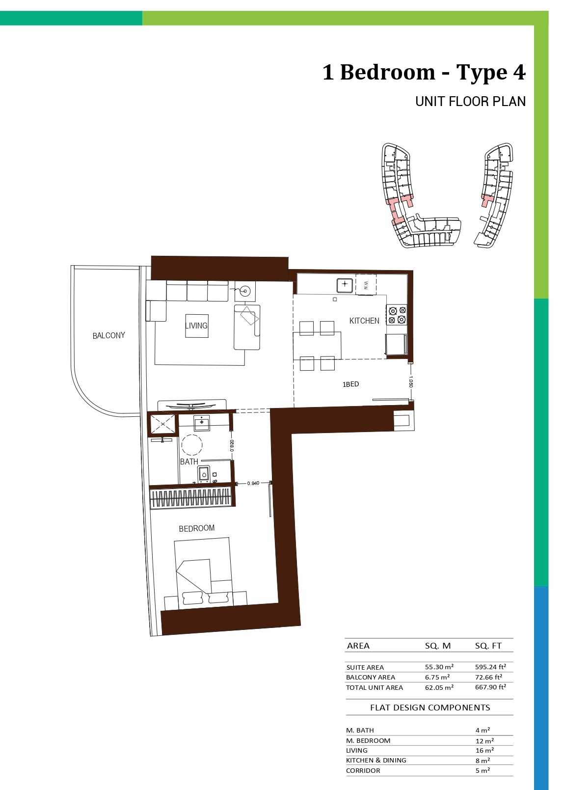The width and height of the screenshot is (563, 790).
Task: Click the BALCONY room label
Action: [108, 335]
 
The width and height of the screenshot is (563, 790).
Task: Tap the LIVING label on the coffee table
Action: [196, 326]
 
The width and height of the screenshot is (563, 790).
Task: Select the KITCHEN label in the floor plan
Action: [364, 321]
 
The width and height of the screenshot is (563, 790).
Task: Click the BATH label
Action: [189, 462]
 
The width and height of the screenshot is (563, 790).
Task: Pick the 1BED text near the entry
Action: [350, 384]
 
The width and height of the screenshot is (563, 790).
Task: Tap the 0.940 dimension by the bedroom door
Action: [253, 483]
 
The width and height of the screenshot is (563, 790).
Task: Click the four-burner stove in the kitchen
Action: [397, 315]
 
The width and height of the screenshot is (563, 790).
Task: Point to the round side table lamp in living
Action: [245, 291]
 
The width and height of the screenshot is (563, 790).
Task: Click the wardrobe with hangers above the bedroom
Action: [191, 498]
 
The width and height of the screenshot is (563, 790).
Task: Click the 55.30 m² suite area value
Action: [439, 667]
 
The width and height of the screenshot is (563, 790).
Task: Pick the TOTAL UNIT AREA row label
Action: [375, 687]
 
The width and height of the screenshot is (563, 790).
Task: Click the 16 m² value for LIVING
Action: [484, 750]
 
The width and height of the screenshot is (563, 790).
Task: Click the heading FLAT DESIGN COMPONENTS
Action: [430, 707]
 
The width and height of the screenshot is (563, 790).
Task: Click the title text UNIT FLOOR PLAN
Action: [470, 102]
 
